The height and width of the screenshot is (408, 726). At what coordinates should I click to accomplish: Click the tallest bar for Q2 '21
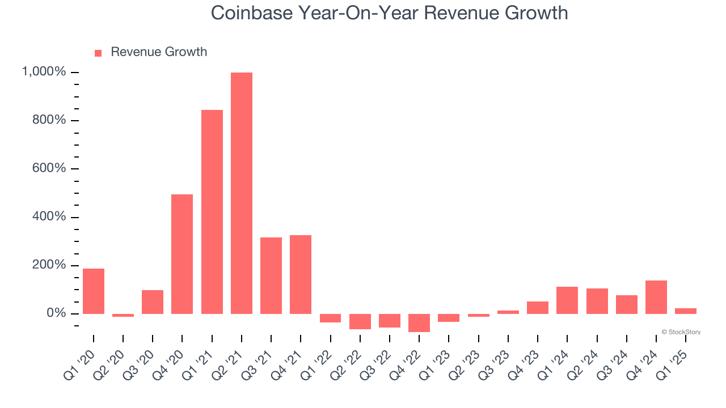[242, 193]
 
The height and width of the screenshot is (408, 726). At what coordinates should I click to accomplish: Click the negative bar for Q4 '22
[419, 322]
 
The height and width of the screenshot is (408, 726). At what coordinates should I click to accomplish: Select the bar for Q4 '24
[656, 297]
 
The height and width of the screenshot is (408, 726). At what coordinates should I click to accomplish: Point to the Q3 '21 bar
[271, 275]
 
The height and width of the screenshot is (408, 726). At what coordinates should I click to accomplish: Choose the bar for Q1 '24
[567, 300]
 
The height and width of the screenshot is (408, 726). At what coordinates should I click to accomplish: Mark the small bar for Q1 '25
[686, 311]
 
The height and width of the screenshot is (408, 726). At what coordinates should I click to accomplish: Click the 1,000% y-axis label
[44, 72]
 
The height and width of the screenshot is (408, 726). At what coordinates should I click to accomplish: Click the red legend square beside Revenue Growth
[98, 53]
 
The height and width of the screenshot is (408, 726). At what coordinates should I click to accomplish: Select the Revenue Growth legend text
[159, 52]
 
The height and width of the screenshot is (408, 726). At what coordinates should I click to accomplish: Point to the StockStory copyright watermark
[681, 332]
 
